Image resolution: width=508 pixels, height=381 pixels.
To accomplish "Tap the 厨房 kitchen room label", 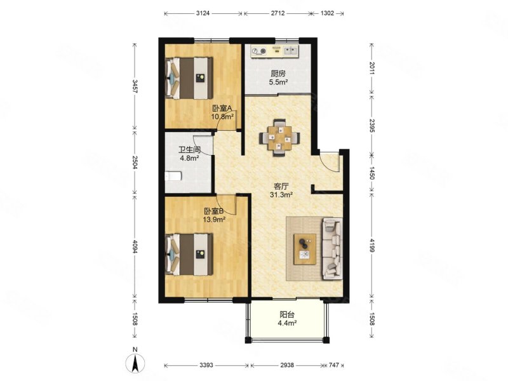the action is (278, 74).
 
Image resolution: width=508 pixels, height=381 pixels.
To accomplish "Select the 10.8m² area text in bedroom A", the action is (223, 117).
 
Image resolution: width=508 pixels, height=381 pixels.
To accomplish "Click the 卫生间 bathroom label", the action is (189, 150).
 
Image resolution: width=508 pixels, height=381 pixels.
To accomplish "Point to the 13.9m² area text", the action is (214, 220).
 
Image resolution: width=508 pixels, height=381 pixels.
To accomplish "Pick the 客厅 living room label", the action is (281, 186).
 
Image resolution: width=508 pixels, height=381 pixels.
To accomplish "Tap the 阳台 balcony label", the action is (287, 314).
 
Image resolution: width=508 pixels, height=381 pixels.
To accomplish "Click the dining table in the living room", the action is (279, 138).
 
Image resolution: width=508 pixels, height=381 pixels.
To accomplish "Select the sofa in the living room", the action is (332, 249).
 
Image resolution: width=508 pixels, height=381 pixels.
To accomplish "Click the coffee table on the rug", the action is (305, 249).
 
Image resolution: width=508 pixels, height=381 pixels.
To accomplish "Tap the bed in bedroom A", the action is (189, 78).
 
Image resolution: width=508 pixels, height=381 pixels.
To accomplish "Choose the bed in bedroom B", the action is (189, 255).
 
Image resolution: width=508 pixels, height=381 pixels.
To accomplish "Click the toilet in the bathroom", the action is (173, 177).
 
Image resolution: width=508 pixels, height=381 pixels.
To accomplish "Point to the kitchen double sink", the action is (291, 51).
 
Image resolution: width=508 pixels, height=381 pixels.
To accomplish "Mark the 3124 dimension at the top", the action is (203, 13).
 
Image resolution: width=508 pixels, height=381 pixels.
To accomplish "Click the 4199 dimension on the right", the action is (371, 245).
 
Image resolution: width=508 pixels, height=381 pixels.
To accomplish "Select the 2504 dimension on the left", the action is (135, 162).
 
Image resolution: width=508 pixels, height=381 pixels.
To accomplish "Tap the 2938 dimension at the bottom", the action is (287, 365).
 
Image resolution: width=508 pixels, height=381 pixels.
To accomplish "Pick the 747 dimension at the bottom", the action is (334, 365).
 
